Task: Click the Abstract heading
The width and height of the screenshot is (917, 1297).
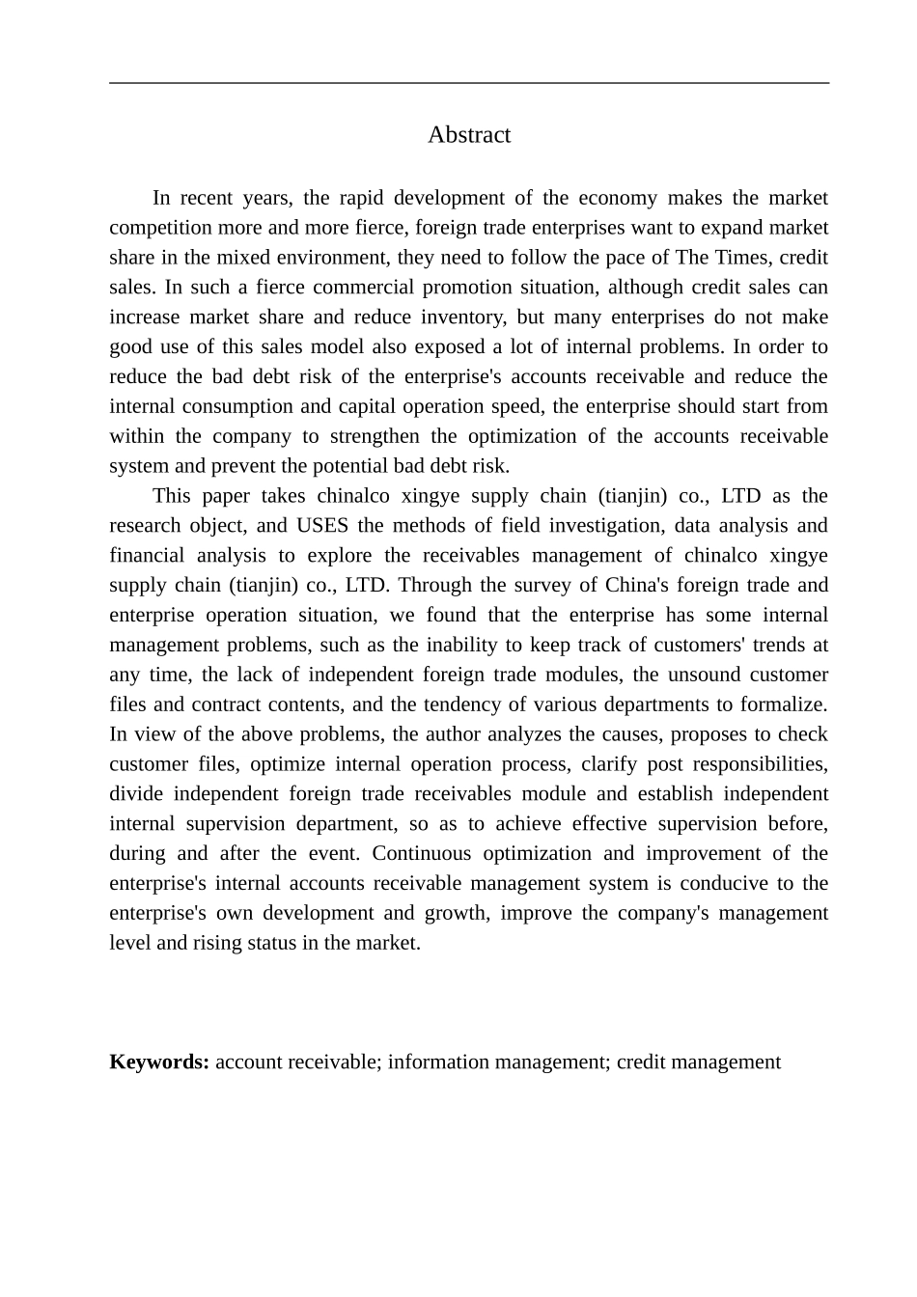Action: [469, 135]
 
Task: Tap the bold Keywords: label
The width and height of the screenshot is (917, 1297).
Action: [159, 1062]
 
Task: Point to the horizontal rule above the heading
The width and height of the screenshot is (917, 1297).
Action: [469, 83]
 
